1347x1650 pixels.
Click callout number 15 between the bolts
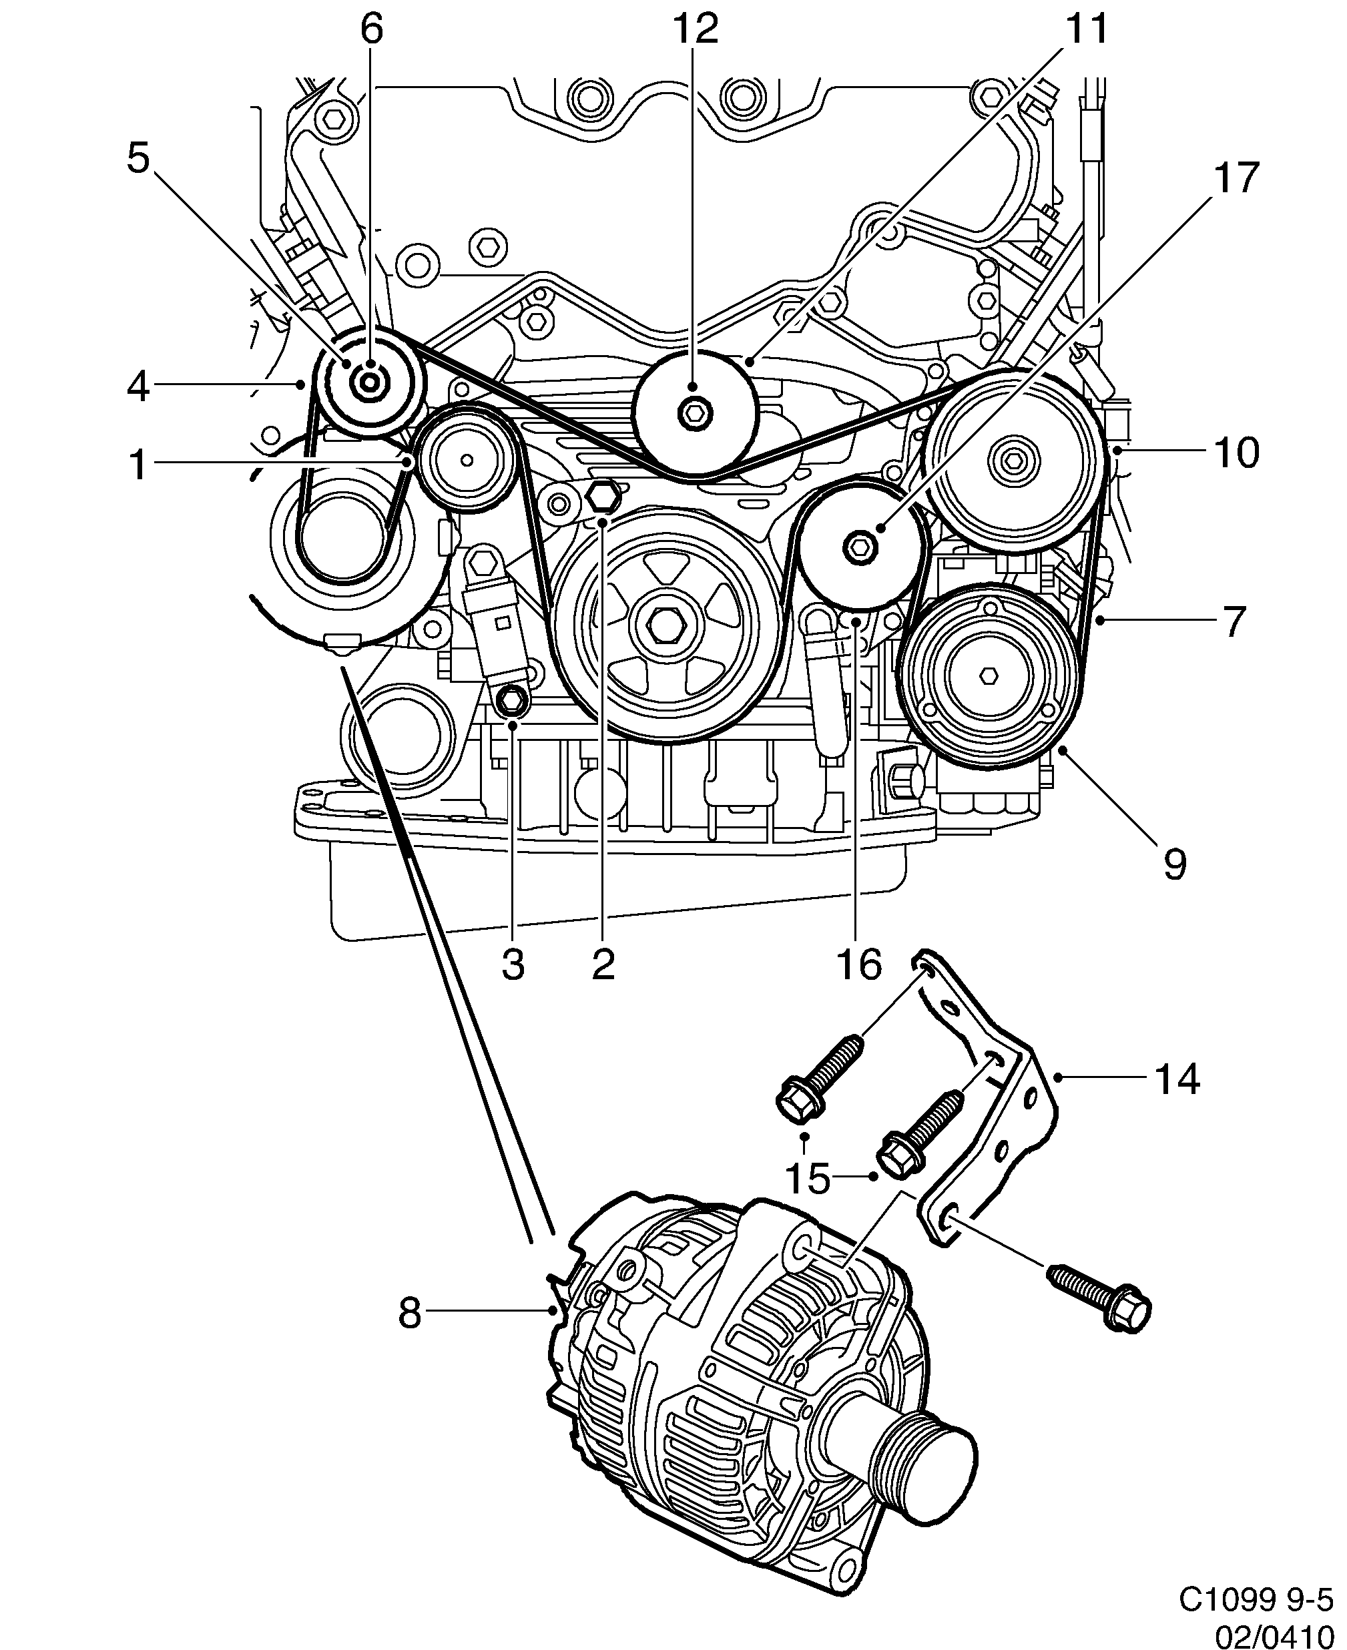click(808, 1200)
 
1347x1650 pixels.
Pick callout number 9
click(1175, 864)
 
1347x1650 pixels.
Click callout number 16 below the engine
click(859, 965)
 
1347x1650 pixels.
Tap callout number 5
click(139, 159)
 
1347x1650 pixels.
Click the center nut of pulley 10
click(1012, 461)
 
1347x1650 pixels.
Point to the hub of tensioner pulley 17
click(860, 548)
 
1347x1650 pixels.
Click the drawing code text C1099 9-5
click(1260, 1599)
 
